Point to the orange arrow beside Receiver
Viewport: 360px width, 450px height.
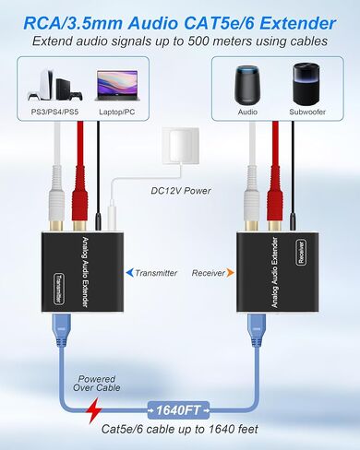pyautogui.click(x=231, y=273)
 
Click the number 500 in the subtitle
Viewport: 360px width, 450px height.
pyautogui.click(x=239, y=41)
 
